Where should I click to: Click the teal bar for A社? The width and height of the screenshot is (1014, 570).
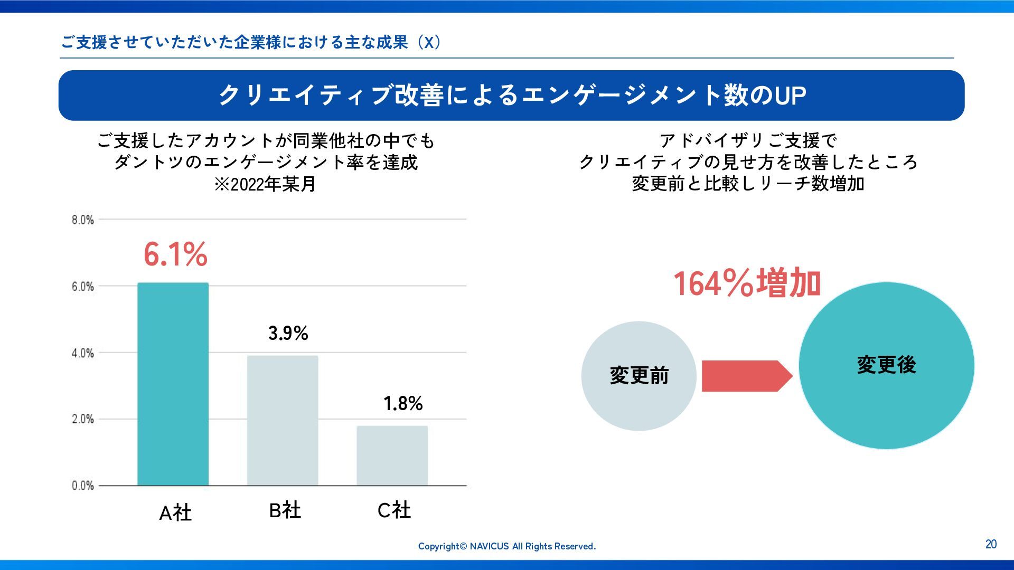(x=173, y=384)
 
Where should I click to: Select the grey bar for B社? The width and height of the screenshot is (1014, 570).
(x=283, y=420)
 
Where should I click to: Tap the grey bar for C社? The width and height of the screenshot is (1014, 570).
(x=392, y=455)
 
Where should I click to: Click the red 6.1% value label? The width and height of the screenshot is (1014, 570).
(x=175, y=254)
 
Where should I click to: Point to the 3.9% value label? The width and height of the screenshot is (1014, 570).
(x=288, y=333)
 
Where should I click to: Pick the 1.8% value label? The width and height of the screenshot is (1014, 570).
(x=403, y=404)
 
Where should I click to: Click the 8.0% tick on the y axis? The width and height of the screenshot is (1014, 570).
(x=83, y=220)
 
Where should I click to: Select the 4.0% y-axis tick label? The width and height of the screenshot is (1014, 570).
(x=83, y=353)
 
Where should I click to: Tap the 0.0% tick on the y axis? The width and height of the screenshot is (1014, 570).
(x=83, y=486)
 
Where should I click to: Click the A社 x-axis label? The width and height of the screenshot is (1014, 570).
(x=175, y=512)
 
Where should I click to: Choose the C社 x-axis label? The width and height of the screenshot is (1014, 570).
(x=394, y=510)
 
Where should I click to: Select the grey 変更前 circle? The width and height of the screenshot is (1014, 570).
(x=639, y=376)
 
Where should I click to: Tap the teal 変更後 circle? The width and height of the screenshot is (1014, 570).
(x=886, y=365)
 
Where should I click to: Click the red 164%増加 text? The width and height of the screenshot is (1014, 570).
(x=747, y=283)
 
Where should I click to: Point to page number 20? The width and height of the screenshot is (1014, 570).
(x=991, y=544)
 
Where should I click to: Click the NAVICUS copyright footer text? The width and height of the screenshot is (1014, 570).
(x=506, y=546)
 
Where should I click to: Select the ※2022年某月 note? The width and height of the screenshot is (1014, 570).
(x=265, y=184)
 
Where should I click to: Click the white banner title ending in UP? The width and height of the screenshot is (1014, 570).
(x=512, y=96)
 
